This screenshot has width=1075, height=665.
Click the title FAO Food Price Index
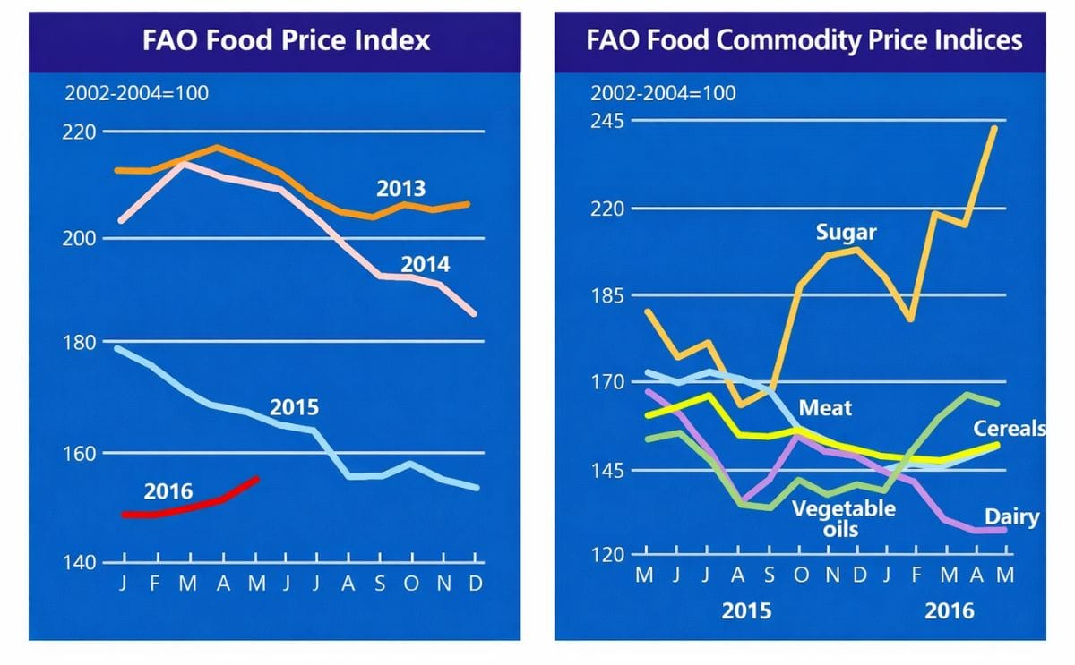pyautogui.click(x=286, y=40)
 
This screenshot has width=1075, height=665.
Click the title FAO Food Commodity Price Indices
pyautogui.click(x=804, y=40)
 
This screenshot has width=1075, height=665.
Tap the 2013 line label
pyautogui.click(x=400, y=190)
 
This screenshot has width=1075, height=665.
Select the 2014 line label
pyautogui.click(x=425, y=265)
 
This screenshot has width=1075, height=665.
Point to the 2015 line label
pyautogui.click(x=294, y=408)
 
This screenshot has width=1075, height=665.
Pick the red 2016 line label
pyautogui.click(x=168, y=491)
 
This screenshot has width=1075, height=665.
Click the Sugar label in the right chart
pyautogui.click(x=846, y=234)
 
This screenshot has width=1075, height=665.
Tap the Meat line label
pyautogui.click(x=825, y=408)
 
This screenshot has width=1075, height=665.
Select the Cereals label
pyautogui.click(x=1010, y=429)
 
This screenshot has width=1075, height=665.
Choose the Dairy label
pyautogui.click(x=1011, y=516)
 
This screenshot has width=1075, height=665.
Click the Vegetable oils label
pyautogui.click(x=843, y=518)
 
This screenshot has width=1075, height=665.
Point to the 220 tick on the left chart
pyautogui.click(x=80, y=132)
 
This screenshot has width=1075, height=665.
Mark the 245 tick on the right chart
pyautogui.click(x=608, y=121)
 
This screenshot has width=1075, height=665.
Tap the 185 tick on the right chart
pyautogui.click(x=608, y=295)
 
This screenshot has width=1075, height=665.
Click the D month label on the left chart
pyautogui.click(x=476, y=584)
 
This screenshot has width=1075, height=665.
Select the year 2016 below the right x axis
pyautogui.click(x=949, y=611)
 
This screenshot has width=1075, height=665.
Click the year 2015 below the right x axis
pyautogui.click(x=746, y=611)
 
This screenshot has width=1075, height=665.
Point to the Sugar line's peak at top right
pyautogui.click(x=994, y=128)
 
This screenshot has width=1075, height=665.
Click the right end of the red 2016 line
pyautogui.click(x=258, y=478)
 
